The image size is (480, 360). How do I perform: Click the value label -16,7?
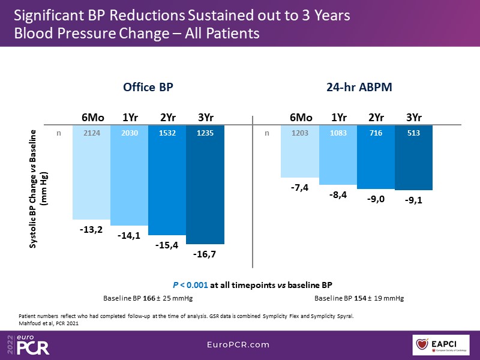click(205, 254)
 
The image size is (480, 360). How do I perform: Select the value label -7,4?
click(300, 188)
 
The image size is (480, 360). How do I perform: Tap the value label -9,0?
click(376, 199)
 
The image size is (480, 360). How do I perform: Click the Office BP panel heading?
click(148, 87)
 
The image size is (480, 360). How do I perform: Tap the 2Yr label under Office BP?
click(167, 117)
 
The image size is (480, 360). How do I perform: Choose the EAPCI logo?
click(443, 345)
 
